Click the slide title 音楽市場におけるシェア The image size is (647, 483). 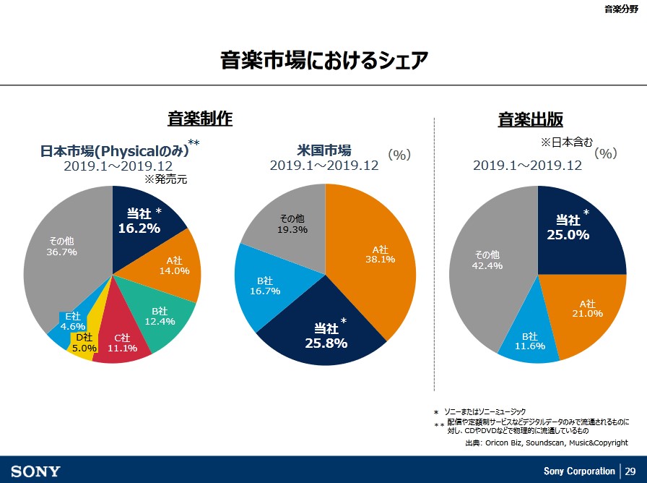point(323,60)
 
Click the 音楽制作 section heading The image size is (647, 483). point(200,119)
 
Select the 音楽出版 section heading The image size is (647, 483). point(531,119)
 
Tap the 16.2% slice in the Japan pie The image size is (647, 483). point(144,220)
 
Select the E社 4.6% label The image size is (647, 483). point(72,321)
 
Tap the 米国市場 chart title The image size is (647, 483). point(324,150)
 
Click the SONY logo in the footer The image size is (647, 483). point(36,471)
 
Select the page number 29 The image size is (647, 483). point(630,471)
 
